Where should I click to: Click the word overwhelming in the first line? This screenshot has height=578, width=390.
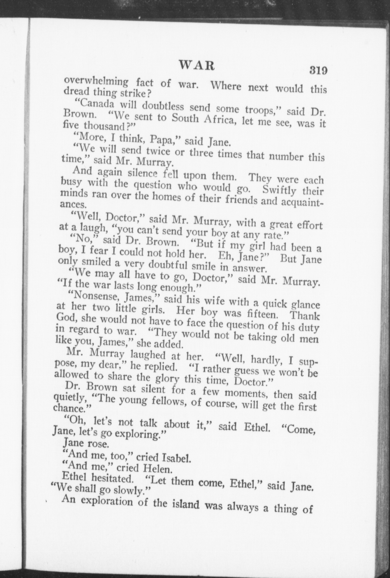pos(96,81)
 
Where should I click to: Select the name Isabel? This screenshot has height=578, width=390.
pos(177,458)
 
